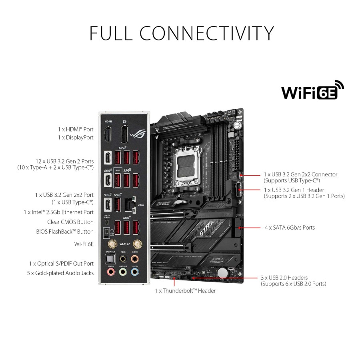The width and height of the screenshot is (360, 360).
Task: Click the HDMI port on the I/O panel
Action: [x=108, y=134]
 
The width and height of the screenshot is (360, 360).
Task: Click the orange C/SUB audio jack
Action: [x=135, y=259]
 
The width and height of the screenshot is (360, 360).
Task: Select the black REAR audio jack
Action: [x=122, y=259]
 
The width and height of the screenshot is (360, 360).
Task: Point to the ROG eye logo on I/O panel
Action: [x=140, y=133]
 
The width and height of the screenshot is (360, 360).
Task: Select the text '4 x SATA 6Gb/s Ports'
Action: [x=289, y=228]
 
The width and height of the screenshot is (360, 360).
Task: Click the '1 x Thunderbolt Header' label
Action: [x=185, y=291]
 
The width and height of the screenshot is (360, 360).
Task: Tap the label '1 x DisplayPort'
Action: [x=76, y=137]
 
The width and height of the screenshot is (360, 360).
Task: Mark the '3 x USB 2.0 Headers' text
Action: [x=284, y=277]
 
